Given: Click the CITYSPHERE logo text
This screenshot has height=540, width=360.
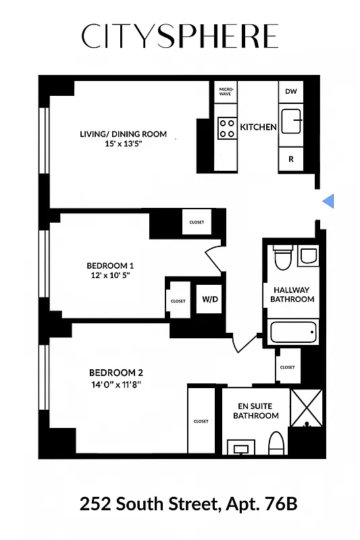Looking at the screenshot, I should (180, 36).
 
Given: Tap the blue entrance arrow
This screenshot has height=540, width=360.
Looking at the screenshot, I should (328, 201).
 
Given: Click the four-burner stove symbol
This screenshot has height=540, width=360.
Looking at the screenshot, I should (226, 128).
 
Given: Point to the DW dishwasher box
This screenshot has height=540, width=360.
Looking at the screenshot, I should (291, 92).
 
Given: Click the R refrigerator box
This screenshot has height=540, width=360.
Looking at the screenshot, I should (291, 159).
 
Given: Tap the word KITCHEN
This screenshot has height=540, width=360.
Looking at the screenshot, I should (258, 127).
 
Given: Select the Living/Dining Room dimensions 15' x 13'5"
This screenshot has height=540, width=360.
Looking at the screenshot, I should (124, 144).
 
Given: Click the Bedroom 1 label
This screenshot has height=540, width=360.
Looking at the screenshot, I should (110, 265).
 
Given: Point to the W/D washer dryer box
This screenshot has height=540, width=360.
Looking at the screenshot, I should (209, 300).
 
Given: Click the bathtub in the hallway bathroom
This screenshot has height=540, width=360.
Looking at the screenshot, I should (292, 332).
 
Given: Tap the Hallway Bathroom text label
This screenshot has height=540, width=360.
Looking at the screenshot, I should (292, 294).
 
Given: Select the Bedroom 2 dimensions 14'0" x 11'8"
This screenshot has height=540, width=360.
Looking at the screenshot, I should (115, 385).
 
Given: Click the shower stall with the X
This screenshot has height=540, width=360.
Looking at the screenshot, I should (307, 407).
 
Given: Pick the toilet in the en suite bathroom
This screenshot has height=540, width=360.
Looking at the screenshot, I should (276, 443).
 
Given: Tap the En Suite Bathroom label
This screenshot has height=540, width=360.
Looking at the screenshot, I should (256, 411).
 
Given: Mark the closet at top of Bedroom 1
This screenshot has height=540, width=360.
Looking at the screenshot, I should (197, 222).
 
